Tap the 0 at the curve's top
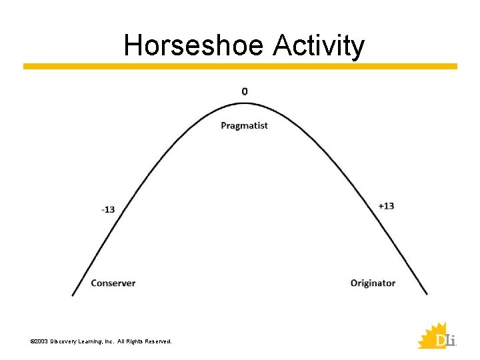click(245, 91)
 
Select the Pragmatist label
click(244, 125)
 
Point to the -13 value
click(107, 209)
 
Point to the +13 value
click(386, 205)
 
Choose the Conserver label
click(113, 283)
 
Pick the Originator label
click(373, 283)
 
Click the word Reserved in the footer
click(157, 341)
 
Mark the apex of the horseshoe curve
click(245, 103)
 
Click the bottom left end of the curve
click(73, 295)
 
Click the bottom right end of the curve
click(427, 295)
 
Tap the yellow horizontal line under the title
click(240, 67)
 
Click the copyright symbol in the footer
click(32, 341)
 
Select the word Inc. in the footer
click(110, 341)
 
